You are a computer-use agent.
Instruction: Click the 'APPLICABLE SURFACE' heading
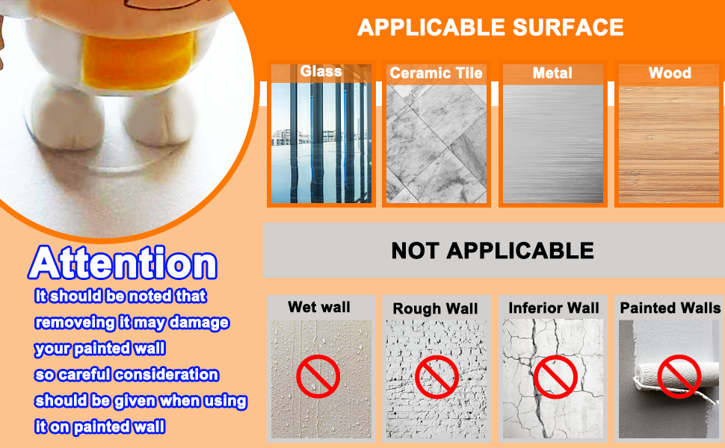[490, 28]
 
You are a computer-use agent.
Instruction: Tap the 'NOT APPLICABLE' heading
[493, 251]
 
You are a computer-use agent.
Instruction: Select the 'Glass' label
[321, 72]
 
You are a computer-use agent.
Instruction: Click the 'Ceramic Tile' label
[436, 73]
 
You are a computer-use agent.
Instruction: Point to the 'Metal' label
[552, 73]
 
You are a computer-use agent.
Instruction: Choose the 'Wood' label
[670, 73]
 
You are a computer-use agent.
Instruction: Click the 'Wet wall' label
[319, 307]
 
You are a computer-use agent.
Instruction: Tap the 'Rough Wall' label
[436, 308]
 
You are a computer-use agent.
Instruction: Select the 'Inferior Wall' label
[554, 308]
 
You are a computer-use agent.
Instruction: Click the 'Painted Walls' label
[670, 308]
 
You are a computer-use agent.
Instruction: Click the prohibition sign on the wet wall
[318, 376]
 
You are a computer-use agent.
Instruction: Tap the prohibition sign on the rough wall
[436, 376]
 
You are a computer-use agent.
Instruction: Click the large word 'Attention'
[123, 264]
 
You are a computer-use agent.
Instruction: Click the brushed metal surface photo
[552, 143]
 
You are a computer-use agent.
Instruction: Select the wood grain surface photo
[670, 143]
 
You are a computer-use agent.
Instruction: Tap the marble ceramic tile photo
[436, 143]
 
